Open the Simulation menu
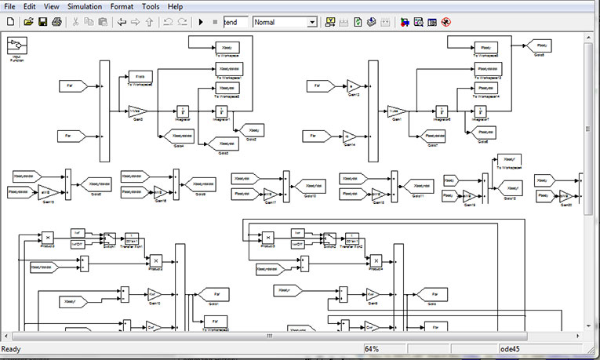[x=84, y=6]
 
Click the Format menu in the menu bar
[x=122, y=6]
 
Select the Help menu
[x=175, y=6]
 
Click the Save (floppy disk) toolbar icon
[x=42, y=22]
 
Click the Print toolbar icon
[x=56, y=22]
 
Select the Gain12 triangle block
[x=352, y=85]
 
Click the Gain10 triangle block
[x=153, y=295]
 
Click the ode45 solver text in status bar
[x=511, y=348]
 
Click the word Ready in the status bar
[x=12, y=348]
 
